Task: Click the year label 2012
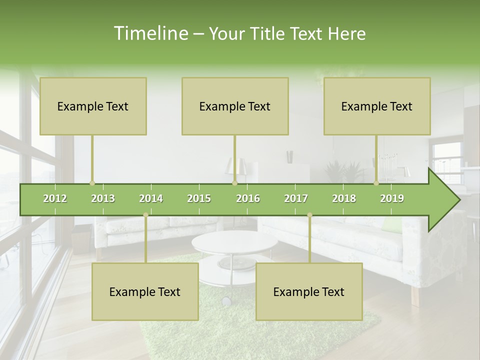[x=55, y=198]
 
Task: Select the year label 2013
[x=103, y=198]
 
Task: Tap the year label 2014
[x=151, y=198]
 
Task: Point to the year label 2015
[x=199, y=198]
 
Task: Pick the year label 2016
[x=248, y=198]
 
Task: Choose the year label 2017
[x=296, y=198]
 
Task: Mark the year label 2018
[x=344, y=198]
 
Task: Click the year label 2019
[x=392, y=198]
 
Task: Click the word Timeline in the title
[x=150, y=33]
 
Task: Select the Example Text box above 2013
[x=93, y=106]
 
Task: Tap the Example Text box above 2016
[x=235, y=106]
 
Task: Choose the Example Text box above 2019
[x=377, y=106]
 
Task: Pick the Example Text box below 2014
[x=145, y=291]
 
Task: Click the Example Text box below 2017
[x=309, y=291]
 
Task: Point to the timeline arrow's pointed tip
[x=458, y=200]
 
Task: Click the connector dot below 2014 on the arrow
[x=145, y=215]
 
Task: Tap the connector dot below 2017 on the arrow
[x=309, y=215]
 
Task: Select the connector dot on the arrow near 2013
[x=92, y=183]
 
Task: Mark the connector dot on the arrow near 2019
[x=376, y=183]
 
